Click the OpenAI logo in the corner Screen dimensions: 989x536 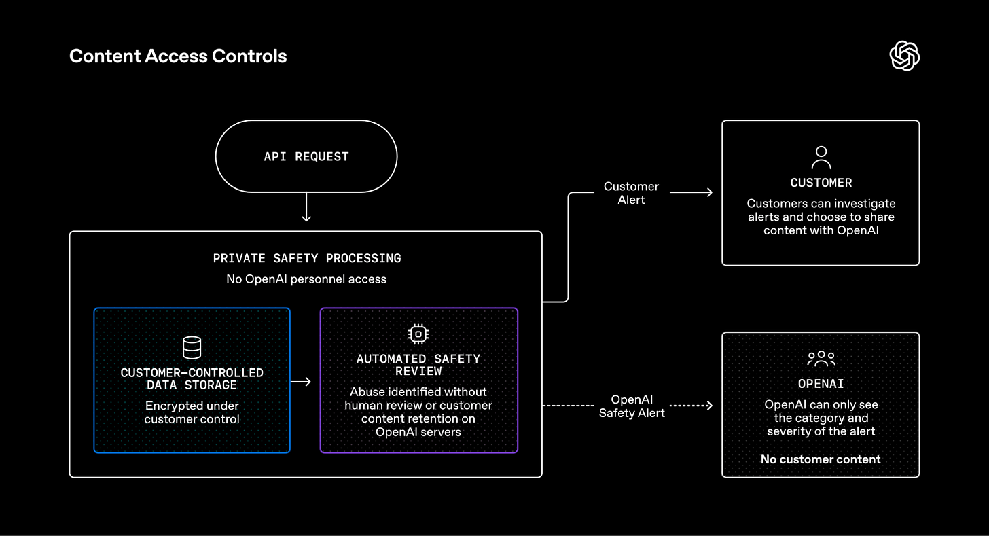[904, 56]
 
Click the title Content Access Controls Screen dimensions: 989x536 [178, 56]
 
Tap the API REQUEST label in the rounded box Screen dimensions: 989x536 [306, 157]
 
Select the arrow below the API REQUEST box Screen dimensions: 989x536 [306, 207]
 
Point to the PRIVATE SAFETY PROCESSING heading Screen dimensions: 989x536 [307, 258]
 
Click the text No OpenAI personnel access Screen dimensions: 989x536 [306, 279]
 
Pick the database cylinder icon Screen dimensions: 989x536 [192, 347]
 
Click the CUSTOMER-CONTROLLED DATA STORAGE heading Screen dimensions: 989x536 [192, 379]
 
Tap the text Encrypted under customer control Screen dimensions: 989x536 [192, 412]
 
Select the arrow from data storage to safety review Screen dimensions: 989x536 [301, 382]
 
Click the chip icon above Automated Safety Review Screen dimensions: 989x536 [418, 334]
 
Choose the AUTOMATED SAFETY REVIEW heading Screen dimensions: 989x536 [418, 365]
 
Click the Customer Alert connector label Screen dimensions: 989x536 [632, 193]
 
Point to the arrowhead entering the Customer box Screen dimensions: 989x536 [709, 192]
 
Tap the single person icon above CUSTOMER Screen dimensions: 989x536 [821, 158]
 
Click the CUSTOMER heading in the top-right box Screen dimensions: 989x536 [821, 183]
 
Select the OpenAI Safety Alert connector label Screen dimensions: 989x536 [632, 406]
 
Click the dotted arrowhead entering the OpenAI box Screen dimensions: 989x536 [709, 406]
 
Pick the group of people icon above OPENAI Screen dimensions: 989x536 [821, 359]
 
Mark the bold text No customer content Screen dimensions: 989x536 [821, 459]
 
